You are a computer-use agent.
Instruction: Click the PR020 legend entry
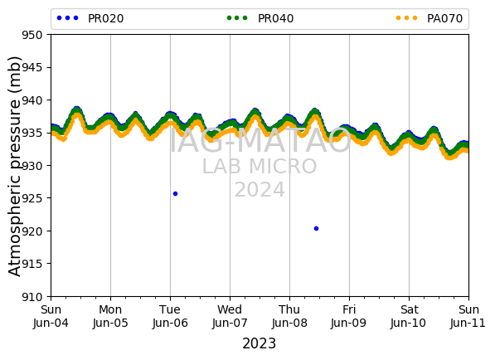[x=90, y=18]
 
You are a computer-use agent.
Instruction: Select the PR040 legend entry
[x=260, y=18]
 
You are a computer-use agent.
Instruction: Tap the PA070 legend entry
[x=429, y=18]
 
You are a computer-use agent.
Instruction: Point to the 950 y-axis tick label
[x=32, y=35]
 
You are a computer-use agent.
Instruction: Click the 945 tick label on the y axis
[x=32, y=67]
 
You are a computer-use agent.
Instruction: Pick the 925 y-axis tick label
[x=32, y=198]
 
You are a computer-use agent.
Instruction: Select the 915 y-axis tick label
[x=32, y=264]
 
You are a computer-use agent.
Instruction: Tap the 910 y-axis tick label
[x=32, y=297]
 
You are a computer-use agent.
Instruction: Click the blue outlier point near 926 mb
[x=176, y=193]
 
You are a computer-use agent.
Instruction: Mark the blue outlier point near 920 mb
[x=317, y=229]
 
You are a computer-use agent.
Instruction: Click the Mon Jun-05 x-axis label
[x=110, y=316]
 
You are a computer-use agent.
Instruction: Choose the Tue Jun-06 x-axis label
[x=170, y=316]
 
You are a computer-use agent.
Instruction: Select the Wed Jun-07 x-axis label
[x=230, y=316]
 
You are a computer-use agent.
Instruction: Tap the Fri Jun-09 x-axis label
[x=349, y=316]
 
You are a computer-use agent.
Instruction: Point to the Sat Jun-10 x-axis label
[x=409, y=316]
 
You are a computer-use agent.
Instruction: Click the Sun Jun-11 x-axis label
[x=468, y=316]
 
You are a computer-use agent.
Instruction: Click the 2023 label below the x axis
[x=260, y=343]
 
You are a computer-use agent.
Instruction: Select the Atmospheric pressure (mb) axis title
[x=14, y=166]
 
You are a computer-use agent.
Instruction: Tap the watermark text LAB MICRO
[x=260, y=167]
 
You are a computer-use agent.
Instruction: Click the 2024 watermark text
[x=260, y=190]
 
